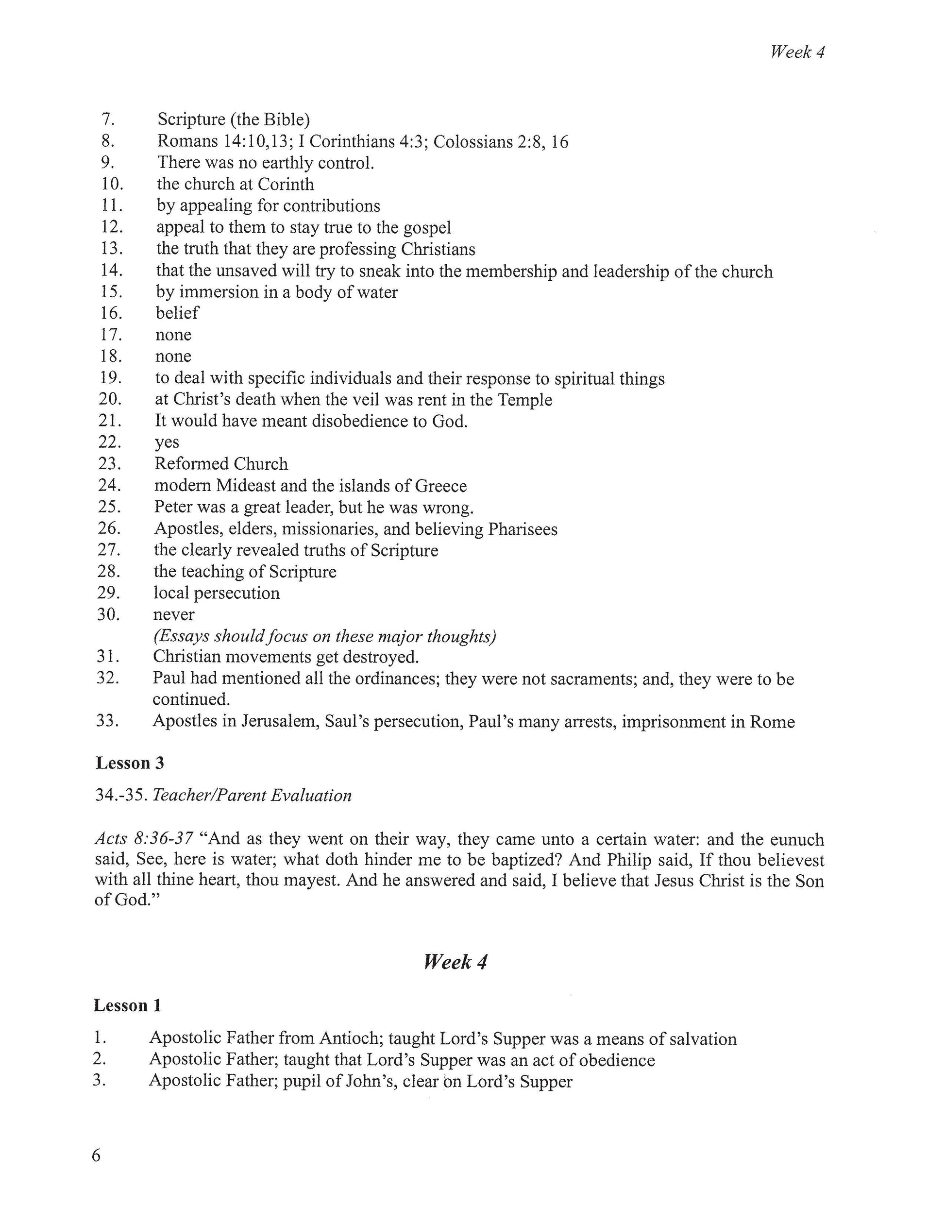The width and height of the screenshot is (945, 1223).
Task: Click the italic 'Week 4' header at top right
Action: tap(797, 52)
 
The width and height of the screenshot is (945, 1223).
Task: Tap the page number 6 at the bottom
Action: tap(96, 1155)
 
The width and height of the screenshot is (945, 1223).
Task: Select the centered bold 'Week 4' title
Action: tap(455, 962)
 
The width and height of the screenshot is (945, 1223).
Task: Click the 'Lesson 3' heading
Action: tap(130, 763)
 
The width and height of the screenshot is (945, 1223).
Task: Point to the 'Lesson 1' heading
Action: tap(128, 1005)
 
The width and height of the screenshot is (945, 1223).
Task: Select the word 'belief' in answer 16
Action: tap(177, 313)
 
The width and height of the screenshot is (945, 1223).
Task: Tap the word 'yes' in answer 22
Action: tap(167, 442)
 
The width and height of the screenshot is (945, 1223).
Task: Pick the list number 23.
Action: tap(109, 464)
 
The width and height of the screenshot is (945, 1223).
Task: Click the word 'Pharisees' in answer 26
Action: tap(523, 529)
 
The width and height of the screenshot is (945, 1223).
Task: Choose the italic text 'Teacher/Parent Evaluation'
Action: tap(252, 796)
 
